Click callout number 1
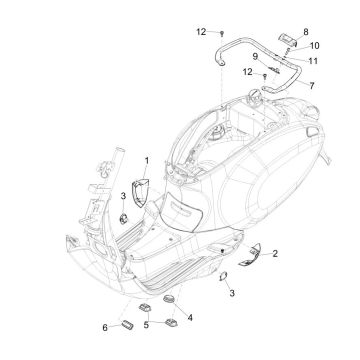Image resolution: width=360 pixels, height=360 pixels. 146,160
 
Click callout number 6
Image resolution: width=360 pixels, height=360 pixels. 105,327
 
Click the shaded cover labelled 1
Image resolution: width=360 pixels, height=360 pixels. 139,187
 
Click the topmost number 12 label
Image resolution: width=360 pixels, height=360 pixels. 201,32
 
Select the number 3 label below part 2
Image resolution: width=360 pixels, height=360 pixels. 232,293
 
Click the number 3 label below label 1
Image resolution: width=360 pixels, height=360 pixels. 123,195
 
